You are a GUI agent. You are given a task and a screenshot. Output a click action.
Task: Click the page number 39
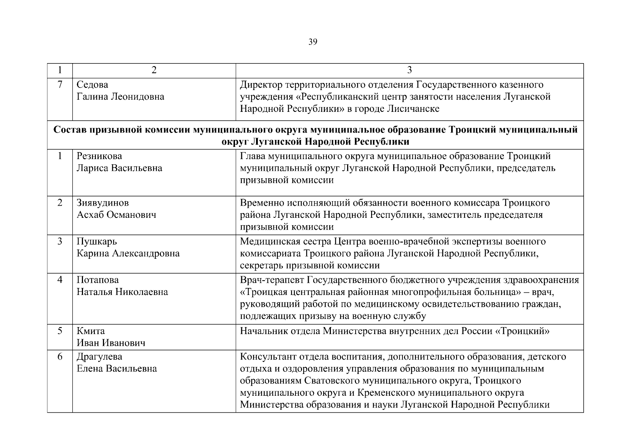pyautogui.click(x=312, y=42)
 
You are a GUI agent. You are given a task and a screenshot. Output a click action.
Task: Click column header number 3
pyautogui.click(x=409, y=71)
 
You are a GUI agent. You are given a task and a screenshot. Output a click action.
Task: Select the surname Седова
pyautogui.click(x=92, y=85)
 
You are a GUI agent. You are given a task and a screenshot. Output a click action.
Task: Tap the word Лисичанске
pyautogui.click(x=413, y=109)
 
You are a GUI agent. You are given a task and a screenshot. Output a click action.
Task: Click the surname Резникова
pyautogui.click(x=99, y=156)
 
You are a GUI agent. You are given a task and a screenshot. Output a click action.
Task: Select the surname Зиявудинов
pyautogui.click(x=103, y=203)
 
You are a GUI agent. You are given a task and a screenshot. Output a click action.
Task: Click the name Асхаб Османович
pyautogui.click(x=116, y=215)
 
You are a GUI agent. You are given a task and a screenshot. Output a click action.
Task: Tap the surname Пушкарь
pyautogui.click(x=97, y=241)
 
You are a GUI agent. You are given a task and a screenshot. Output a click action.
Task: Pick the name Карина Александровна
pyautogui.click(x=128, y=254)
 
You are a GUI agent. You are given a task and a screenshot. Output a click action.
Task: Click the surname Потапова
pyautogui.click(x=97, y=280)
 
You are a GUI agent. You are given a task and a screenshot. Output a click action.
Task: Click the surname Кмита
pyautogui.click(x=90, y=331)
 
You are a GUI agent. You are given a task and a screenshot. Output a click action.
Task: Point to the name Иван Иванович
pyautogui.click(x=111, y=343)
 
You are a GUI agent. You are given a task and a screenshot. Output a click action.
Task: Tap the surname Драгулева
pyautogui.click(x=99, y=357)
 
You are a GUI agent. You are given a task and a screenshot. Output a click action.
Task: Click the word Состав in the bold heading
pyautogui.click(x=68, y=130)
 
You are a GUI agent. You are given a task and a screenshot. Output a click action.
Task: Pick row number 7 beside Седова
pyautogui.click(x=60, y=85)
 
